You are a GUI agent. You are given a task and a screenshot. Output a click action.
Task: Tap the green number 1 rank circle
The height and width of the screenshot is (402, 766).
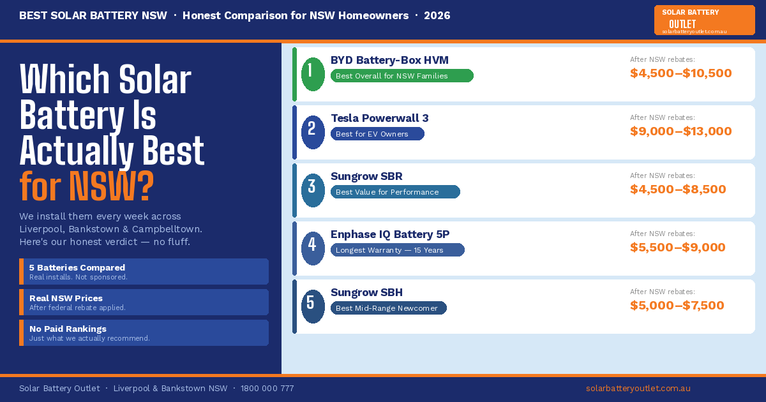coord(313,74)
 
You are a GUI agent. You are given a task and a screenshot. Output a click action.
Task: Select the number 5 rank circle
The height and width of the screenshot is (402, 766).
coord(313,306)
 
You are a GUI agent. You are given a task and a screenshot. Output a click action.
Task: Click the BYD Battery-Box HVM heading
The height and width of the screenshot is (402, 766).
coord(389,60)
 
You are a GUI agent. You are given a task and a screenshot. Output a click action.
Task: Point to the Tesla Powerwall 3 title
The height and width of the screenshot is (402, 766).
coord(379,118)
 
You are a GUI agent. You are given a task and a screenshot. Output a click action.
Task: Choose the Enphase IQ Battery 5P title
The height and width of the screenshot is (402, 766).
coord(390,234)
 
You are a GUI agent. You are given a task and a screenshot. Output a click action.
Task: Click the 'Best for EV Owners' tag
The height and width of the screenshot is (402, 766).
coord(377,134)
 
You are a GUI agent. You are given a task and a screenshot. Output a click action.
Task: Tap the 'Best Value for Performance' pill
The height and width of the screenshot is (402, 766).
coord(395,192)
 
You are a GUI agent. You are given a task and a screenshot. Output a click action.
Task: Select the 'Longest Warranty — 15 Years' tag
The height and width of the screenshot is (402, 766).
coord(397,250)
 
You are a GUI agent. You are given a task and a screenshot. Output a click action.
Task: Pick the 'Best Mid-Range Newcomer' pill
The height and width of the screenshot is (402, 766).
coord(388,308)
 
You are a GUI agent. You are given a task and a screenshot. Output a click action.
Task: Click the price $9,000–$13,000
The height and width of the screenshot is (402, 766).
coord(680,131)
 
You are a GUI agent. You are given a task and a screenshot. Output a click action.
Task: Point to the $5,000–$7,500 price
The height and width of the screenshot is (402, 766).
coord(677,306)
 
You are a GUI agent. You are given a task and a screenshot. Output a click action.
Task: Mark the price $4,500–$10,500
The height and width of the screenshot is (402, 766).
coord(680,73)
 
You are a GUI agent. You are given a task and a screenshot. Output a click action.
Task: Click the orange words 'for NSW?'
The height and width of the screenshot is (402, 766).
coord(87,186)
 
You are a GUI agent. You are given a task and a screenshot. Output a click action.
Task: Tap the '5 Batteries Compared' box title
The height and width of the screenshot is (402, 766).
coord(77,267)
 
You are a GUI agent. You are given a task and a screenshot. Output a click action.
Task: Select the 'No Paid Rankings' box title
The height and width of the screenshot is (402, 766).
coord(68,329)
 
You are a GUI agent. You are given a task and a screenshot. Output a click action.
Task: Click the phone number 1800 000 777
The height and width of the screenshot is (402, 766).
coord(267,388)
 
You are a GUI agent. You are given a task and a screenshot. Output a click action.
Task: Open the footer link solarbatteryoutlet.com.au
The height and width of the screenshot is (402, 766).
coord(638,388)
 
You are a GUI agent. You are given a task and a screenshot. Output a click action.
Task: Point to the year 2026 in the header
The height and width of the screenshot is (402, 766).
coord(437,15)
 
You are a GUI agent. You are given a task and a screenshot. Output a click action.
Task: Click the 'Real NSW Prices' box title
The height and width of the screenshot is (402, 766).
coord(66,298)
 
